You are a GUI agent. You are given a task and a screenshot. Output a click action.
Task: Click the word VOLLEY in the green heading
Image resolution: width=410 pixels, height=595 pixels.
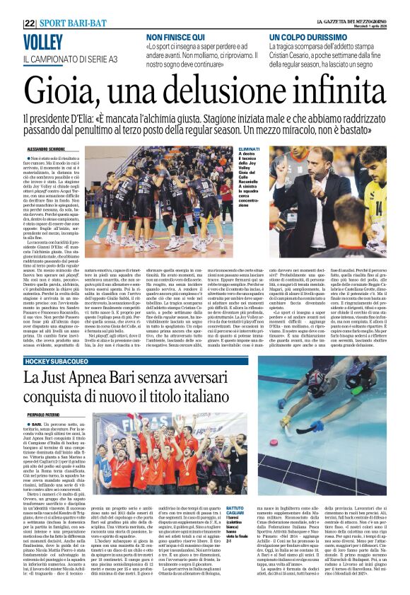[x=43, y=41]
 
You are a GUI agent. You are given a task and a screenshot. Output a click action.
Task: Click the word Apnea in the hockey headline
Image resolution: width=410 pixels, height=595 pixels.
[x=94, y=379]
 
